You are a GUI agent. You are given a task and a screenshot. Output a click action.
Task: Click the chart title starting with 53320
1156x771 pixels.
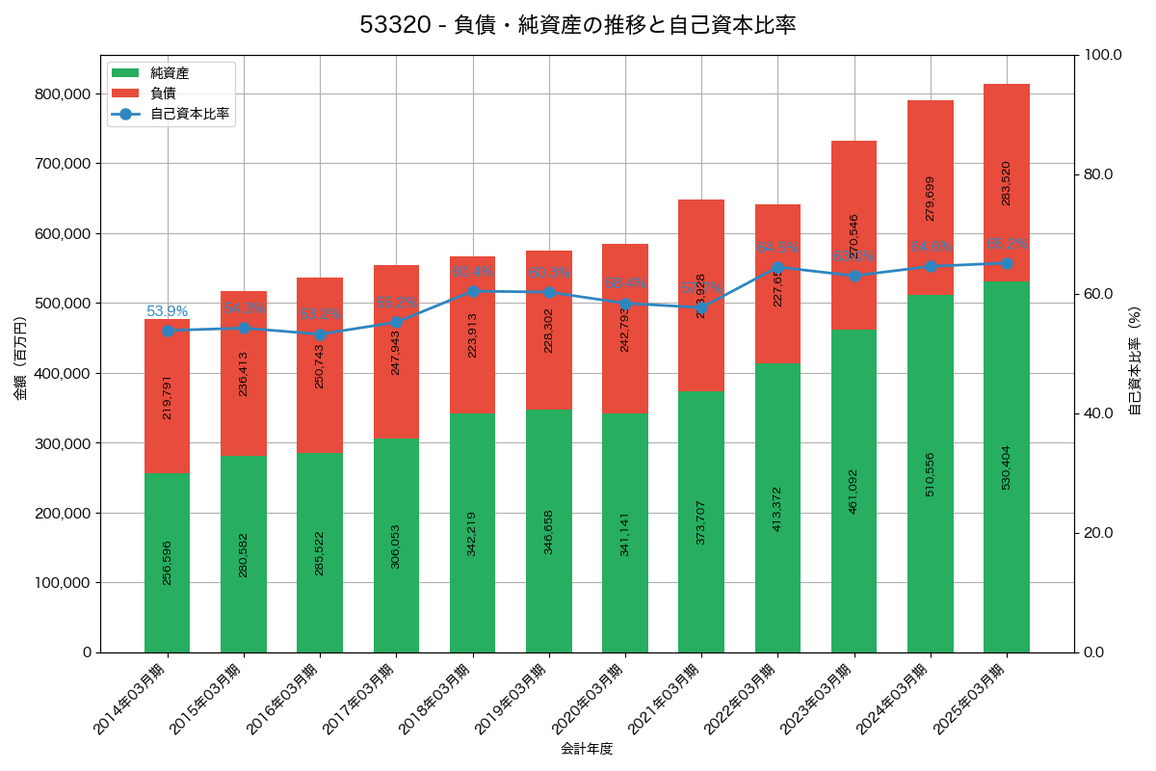tap(578, 25)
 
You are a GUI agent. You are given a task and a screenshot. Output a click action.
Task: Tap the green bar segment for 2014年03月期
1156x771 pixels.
tap(168, 563)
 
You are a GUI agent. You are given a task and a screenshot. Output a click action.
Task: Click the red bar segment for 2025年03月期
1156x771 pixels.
tap(1007, 182)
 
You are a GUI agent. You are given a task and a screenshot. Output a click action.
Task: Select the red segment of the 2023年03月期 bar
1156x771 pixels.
tap(854, 235)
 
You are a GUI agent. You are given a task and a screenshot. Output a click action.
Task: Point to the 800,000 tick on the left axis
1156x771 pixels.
tap(61, 94)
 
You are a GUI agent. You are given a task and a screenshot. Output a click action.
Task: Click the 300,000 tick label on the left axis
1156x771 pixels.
tap(61, 443)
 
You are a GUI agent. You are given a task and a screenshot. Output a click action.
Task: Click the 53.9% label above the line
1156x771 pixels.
tap(168, 311)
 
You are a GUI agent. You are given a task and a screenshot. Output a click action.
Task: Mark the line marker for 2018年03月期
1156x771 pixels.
tap(472, 291)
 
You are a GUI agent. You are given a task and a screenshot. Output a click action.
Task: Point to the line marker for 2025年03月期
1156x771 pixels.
tap(1007, 263)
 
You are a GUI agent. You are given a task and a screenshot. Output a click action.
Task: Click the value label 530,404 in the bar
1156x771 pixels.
tap(1007, 467)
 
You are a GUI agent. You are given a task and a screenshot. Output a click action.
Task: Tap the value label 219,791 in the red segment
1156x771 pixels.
tap(168, 397)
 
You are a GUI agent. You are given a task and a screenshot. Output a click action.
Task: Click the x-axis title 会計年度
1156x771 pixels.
tap(587, 748)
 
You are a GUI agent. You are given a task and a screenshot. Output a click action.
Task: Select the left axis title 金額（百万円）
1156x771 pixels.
tap(20, 358)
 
